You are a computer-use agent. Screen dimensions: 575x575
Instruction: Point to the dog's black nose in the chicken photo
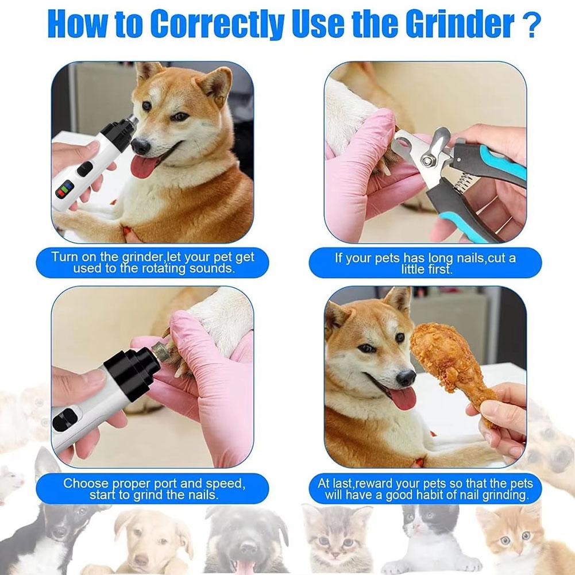[x=406, y=377]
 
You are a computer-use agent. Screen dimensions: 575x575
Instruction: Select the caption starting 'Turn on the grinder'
[x=152, y=263]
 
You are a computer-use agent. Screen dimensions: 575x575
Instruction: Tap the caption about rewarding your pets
[x=425, y=489]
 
